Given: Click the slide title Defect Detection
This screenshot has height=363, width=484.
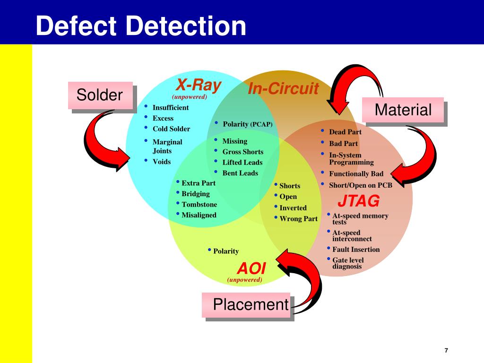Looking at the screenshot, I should tap(141, 26).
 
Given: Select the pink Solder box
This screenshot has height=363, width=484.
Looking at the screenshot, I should tap(100, 95).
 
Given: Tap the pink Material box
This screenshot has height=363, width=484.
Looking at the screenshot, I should tap(403, 110).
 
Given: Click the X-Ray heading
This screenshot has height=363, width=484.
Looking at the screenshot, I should tap(199, 86).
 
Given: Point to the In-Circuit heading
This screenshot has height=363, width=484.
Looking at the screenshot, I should tap(283, 88).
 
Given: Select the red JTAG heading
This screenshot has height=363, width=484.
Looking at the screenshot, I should tap(358, 201).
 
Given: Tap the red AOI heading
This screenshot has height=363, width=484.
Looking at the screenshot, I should tap(251, 268).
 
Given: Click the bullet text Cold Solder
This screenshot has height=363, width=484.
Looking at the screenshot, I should tap(171, 129).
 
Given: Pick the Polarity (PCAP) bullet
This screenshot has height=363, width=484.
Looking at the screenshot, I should tap(248, 124).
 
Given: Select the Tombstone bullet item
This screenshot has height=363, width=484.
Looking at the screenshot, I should tap(199, 205).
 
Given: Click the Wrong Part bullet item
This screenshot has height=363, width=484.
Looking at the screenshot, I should tap(298, 219).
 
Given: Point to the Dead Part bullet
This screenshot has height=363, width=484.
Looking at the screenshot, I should tap(345, 132).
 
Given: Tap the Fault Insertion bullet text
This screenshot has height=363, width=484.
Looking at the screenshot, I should tap(356, 250).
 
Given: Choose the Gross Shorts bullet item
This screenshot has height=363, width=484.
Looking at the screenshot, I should tap(242, 152).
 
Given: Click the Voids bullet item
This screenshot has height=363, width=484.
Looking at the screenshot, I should tap(161, 162).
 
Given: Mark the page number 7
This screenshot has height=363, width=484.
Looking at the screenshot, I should tap(446, 350).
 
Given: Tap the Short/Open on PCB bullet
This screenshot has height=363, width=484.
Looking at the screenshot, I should tap(360, 185).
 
